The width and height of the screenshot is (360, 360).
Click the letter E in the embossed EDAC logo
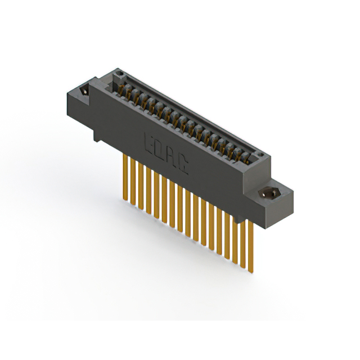(x=151, y=142)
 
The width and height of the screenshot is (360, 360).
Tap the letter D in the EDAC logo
(x=161, y=148)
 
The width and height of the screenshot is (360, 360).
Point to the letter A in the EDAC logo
(x=173, y=156)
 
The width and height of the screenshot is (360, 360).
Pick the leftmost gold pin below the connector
(x=124, y=174)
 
